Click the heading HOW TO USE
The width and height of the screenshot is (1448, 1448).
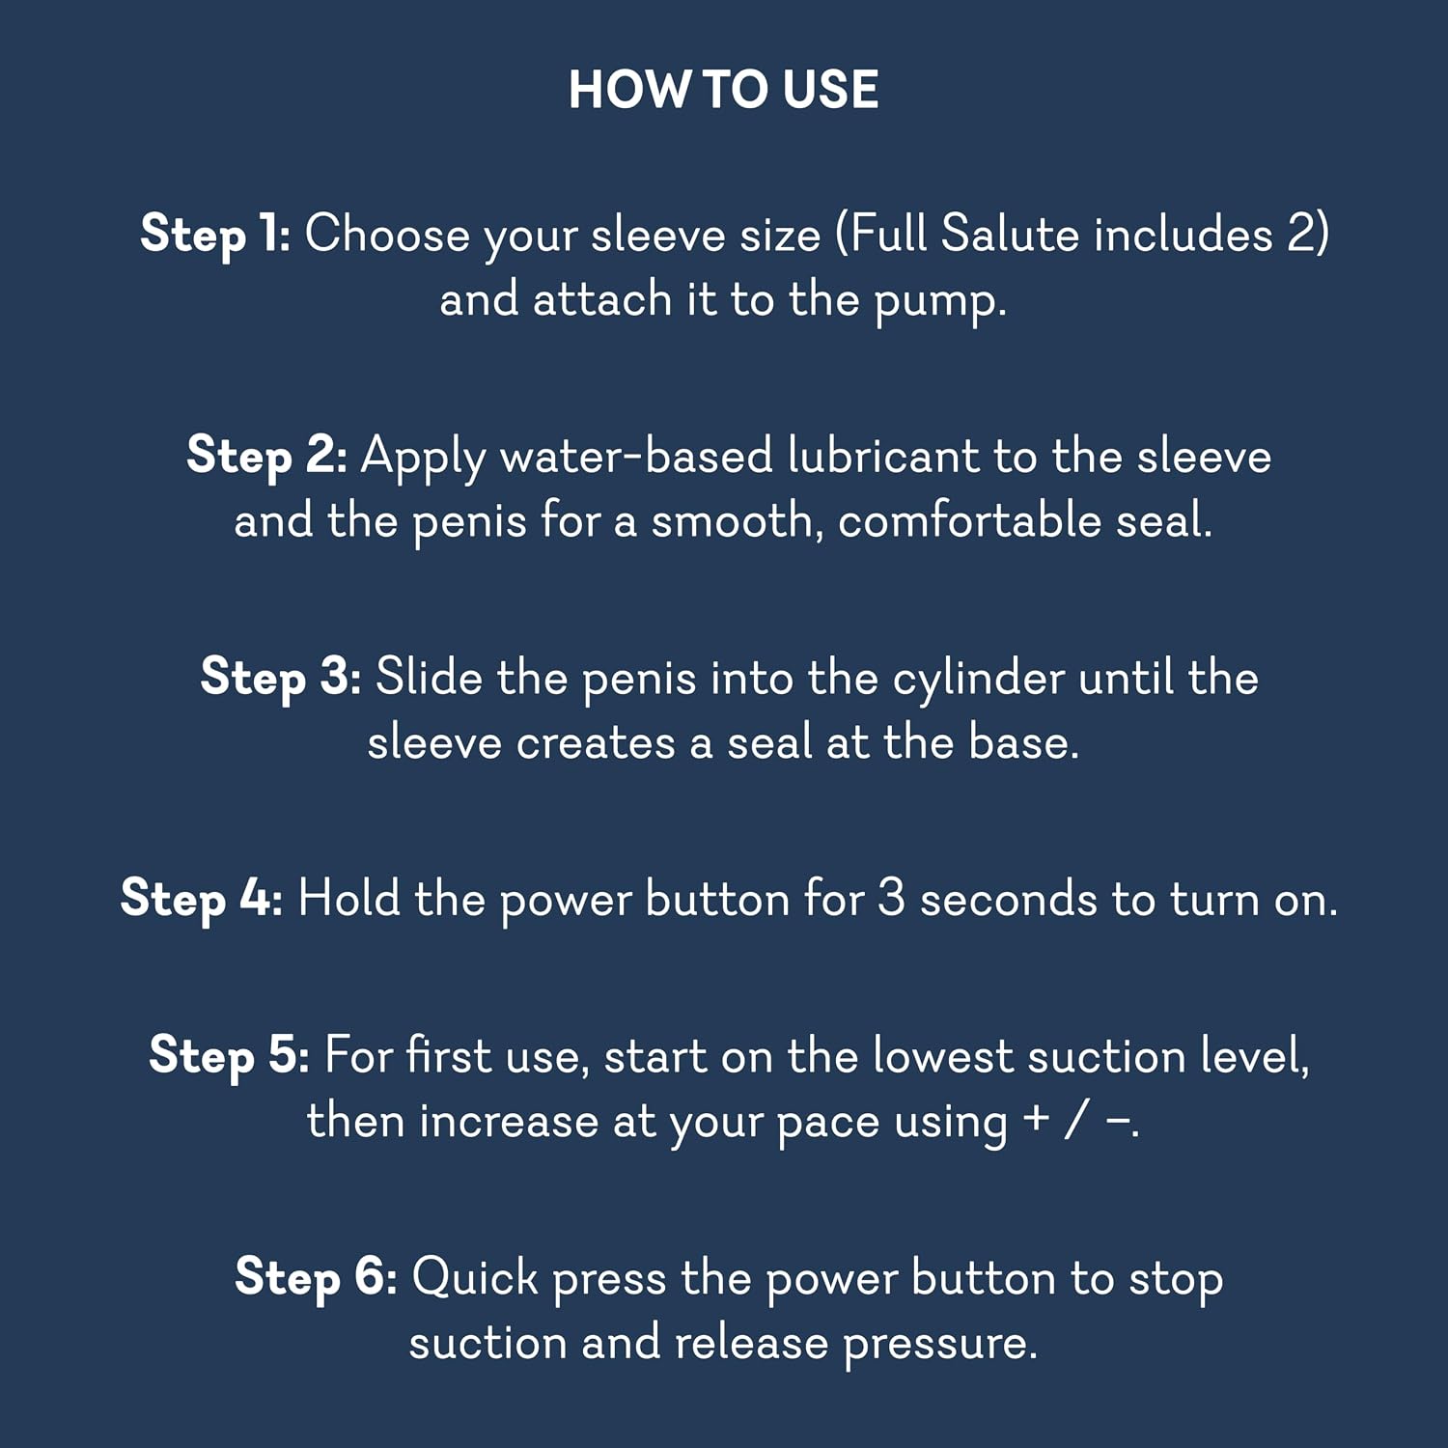(x=723, y=90)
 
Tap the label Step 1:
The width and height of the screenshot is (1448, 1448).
(x=215, y=235)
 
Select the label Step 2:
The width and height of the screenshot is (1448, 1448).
(x=266, y=456)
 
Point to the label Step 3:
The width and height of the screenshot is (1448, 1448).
(x=281, y=677)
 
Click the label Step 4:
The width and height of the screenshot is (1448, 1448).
(x=202, y=899)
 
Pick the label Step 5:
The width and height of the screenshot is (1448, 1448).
(x=230, y=1055)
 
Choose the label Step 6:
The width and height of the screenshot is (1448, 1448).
(x=317, y=1277)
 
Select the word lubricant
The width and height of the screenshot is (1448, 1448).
(x=883, y=456)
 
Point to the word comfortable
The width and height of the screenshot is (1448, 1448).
(x=969, y=521)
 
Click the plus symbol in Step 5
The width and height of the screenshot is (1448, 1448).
(x=1037, y=1119)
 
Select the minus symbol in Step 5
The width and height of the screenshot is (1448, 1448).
(x=1118, y=1121)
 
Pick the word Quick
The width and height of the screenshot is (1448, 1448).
(x=475, y=1278)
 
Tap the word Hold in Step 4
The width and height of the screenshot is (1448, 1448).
(x=349, y=899)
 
